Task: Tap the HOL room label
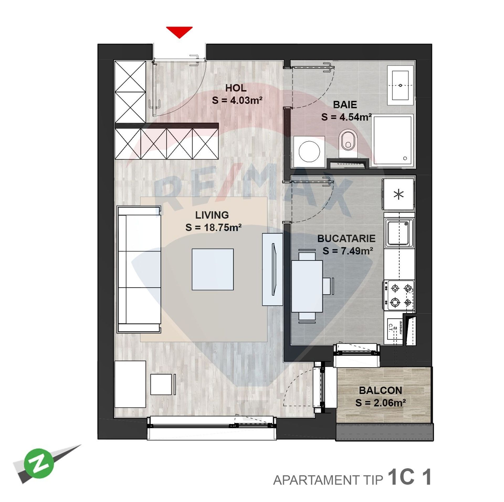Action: click(x=236, y=88)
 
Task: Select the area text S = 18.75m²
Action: click(x=213, y=227)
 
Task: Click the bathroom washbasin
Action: click(x=401, y=85)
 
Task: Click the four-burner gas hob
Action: click(x=398, y=295)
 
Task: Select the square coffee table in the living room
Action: click(x=213, y=269)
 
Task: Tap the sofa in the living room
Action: click(x=139, y=270)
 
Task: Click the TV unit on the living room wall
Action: click(x=272, y=269)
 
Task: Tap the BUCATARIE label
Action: click(x=346, y=238)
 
